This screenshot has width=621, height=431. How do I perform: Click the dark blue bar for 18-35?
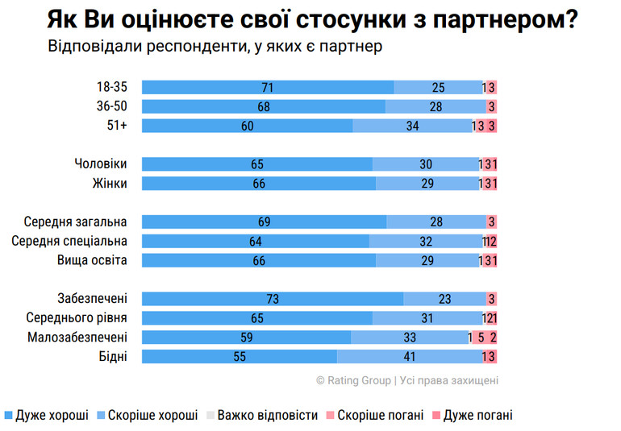(268, 87)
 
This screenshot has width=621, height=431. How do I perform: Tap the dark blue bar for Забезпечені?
(273, 298)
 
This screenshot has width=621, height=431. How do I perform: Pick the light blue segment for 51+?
(412, 125)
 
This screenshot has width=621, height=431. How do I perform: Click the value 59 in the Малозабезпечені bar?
(247, 337)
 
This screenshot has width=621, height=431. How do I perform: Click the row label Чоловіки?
(100, 164)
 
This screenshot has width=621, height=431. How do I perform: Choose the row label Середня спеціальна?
(69, 241)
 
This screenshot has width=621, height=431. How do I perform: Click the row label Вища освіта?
(92, 260)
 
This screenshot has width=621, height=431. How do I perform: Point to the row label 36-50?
(112, 106)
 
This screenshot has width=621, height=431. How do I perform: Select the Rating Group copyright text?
(406, 380)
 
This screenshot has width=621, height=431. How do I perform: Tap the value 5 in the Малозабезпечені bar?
(481, 337)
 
